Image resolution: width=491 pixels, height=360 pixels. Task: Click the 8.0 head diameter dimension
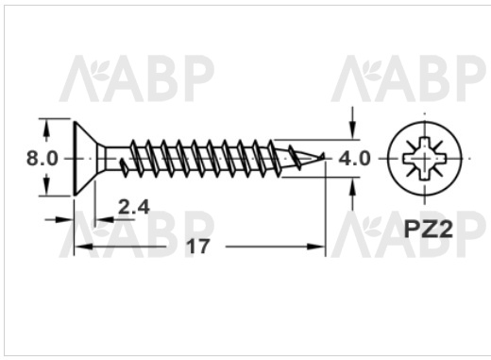[42, 158]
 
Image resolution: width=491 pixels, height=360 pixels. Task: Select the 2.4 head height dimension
[134, 207]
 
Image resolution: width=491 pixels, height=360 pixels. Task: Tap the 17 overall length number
[198, 247]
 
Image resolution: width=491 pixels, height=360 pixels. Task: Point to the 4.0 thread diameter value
[354, 159]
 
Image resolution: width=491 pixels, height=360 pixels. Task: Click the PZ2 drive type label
[429, 229]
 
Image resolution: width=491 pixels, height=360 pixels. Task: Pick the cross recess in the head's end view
[425, 157]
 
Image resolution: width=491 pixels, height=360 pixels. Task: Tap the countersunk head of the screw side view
[85, 158]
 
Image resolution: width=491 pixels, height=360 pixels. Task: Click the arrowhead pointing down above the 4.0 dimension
[353, 129]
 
